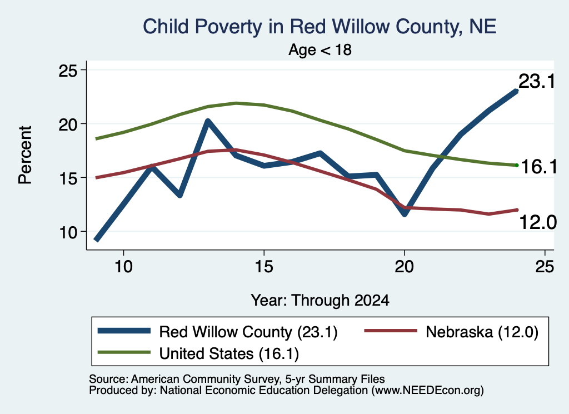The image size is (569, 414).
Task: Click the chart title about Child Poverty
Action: [320, 27]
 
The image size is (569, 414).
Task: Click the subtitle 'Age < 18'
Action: [320, 49]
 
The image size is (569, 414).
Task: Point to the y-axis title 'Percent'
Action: [26, 155]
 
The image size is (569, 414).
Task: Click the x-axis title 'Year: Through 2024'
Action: [320, 301]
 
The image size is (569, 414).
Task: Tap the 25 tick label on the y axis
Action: [68, 70]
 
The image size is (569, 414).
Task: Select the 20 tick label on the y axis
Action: [68, 124]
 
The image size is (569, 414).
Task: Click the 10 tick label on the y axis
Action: [68, 232]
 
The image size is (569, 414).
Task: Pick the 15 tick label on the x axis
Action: [264, 267]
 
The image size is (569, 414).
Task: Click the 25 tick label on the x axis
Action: [545, 267]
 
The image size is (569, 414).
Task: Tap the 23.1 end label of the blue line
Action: [537, 81]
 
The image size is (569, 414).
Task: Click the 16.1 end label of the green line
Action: [539, 167]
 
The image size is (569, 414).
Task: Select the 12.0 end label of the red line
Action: [538, 222]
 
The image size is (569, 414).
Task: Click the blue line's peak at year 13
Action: [208, 121]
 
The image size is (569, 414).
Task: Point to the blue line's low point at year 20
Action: [405, 213]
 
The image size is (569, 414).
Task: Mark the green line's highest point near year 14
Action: [236, 103]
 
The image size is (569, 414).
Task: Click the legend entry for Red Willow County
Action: [218, 331]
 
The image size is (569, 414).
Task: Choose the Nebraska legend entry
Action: [451, 331]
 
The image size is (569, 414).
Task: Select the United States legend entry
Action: [198, 353]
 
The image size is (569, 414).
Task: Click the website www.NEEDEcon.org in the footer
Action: [427, 390]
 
